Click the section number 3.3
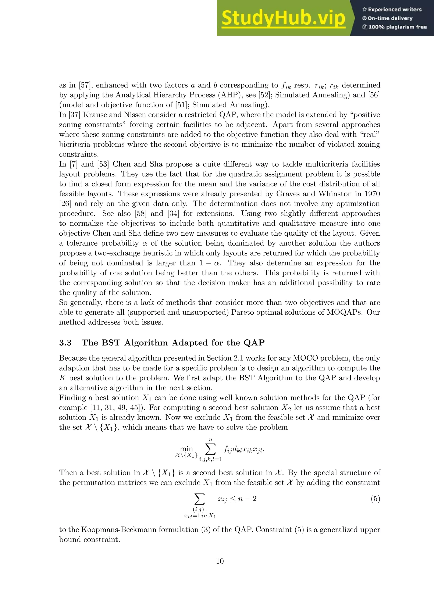pos(65,343)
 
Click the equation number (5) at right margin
pos(375,499)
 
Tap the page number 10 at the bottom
pos(220,561)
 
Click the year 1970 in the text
pos(370,194)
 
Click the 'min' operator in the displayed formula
pos(186,449)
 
